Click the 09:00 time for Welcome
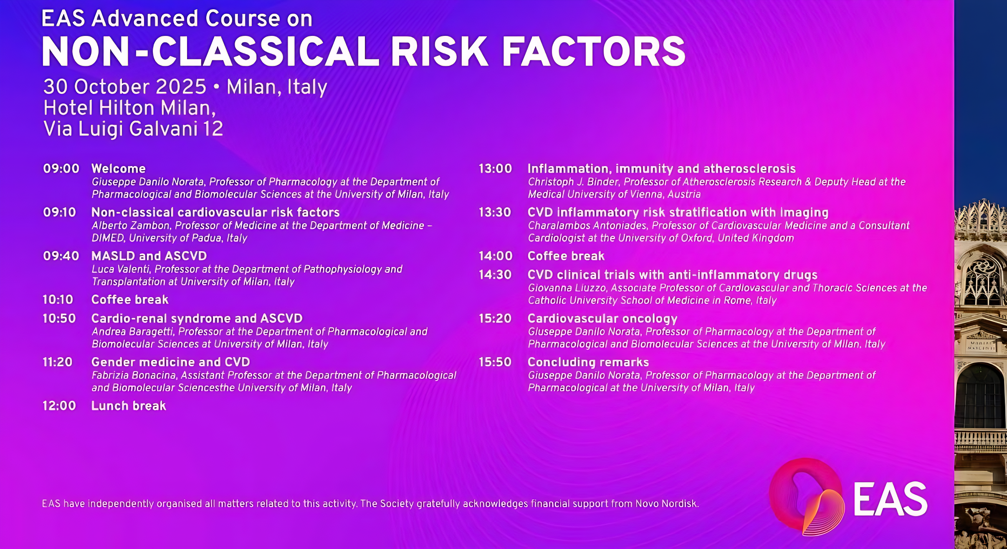coord(61,169)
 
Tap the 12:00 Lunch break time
coord(59,406)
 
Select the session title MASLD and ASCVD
coord(149,256)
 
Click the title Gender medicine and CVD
coord(171,362)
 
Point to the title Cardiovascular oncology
coord(602,318)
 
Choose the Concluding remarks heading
coord(588,362)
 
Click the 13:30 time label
coord(495,212)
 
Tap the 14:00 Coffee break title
coord(566,256)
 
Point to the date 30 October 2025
coord(125,87)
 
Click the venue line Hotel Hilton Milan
coord(130,108)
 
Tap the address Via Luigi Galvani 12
coord(133,128)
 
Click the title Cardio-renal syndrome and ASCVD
coord(197,318)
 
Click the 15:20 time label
coord(495,318)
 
